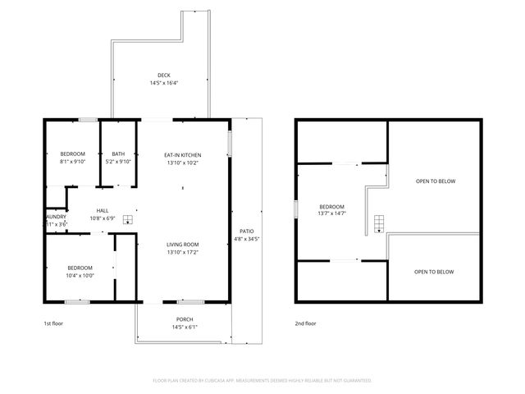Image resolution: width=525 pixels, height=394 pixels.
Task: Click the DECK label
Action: click(x=164, y=76)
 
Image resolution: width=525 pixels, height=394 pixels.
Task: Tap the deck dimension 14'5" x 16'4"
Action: click(x=164, y=83)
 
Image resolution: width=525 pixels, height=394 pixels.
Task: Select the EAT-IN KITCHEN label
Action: click(x=183, y=155)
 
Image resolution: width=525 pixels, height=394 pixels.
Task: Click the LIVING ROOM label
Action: click(x=183, y=245)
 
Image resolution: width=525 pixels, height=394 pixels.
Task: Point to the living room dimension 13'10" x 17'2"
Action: click(x=183, y=252)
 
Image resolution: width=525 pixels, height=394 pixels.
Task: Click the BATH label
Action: click(x=119, y=154)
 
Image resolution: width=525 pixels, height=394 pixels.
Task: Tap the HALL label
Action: click(x=102, y=210)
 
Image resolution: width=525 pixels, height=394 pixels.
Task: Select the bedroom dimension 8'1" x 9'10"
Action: click(x=72, y=162)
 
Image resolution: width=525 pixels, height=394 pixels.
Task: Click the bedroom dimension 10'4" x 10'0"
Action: click(x=80, y=275)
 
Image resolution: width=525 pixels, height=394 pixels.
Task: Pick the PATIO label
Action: click(x=247, y=231)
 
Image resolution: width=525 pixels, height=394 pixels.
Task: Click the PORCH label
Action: click(x=185, y=319)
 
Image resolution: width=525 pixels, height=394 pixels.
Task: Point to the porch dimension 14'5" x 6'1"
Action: click(x=185, y=327)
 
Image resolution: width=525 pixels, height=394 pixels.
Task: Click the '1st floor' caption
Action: click(x=53, y=323)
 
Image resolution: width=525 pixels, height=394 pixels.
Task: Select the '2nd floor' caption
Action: click(x=306, y=323)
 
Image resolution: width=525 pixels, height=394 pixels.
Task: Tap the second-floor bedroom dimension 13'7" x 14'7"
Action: click(x=331, y=213)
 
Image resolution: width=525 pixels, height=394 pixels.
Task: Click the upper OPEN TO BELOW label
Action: click(x=435, y=181)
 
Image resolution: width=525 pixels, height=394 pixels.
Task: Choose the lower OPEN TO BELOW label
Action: click(x=434, y=272)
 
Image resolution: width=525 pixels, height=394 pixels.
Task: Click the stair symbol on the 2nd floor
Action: click(x=378, y=224)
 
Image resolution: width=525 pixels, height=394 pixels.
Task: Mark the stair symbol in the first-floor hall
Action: click(x=127, y=208)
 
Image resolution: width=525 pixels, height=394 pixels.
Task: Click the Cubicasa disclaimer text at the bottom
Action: click(x=262, y=381)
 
